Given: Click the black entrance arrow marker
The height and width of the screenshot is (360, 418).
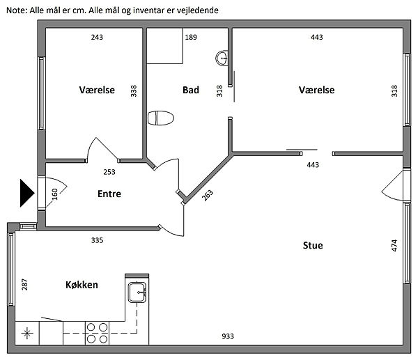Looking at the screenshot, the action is tap(27, 193).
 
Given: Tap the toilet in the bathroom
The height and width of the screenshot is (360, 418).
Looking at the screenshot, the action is tap(161, 118).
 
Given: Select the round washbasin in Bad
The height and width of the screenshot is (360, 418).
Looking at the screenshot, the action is tap(222, 58).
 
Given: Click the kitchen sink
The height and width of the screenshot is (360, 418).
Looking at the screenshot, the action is tap(137, 292).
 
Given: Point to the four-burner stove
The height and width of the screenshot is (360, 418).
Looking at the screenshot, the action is tap(97, 333).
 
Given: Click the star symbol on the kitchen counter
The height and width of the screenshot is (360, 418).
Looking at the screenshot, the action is tap(27, 333).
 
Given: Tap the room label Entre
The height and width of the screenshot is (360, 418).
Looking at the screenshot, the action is tap(109, 194).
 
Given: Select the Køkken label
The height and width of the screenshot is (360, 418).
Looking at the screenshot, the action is tap(82, 285).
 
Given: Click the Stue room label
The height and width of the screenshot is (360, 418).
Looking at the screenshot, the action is tap(313, 245).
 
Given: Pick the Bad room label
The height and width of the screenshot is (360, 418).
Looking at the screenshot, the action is tap(191, 90).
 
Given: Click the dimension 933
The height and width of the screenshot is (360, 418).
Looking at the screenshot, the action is tap(228, 336).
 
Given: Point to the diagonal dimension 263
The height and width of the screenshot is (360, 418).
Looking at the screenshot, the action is tap(208, 195).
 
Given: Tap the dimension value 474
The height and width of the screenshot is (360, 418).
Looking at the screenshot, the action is tap(394, 245).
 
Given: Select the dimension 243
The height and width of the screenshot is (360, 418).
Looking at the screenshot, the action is tap(97, 37).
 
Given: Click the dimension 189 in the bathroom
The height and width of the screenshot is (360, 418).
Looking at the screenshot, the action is tap(191, 37).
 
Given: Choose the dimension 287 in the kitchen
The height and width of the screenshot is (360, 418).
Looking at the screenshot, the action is tap(24, 284).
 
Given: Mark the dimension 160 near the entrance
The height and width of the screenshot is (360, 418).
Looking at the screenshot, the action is tap(54, 194).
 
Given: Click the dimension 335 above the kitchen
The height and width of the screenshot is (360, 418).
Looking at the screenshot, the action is tap(97, 240).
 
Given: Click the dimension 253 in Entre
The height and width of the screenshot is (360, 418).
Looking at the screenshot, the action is tap(109, 172).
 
